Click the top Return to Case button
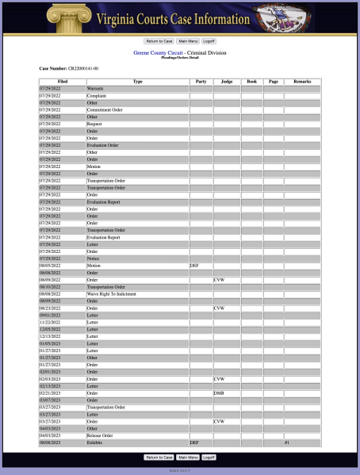(x=159, y=40)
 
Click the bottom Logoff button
(x=209, y=458)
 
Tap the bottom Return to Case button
(x=159, y=458)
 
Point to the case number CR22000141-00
(x=83, y=69)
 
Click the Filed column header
(x=63, y=82)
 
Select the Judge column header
(x=227, y=82)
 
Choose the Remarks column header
(x=302, y=82)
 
